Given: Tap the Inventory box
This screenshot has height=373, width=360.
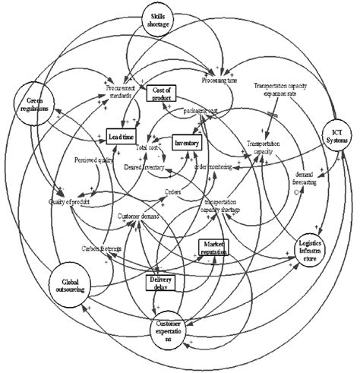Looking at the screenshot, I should pos(187,143).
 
